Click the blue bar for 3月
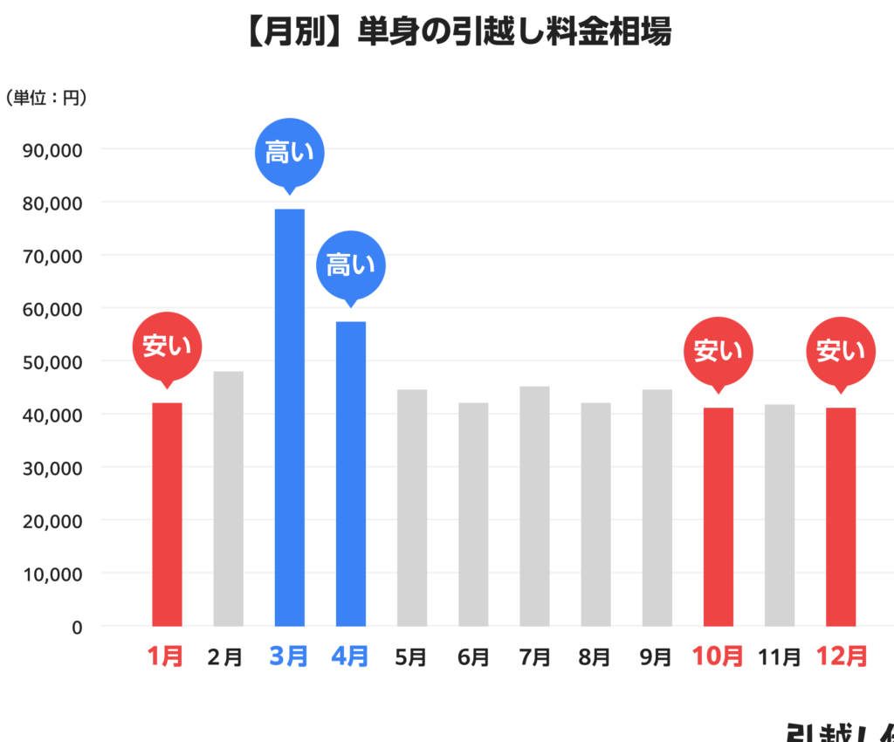point(290,417)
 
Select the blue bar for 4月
point(351,473)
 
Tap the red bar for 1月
point(167,514)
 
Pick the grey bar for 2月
point(229,498)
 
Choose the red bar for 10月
point(719,517)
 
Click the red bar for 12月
point(841,517)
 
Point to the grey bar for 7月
point(534,506)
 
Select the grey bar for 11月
point(780,515)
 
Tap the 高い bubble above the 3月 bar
point(289,153)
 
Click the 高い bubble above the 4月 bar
point(350,265)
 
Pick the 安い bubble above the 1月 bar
point(167,347)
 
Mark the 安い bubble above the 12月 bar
point(841,351)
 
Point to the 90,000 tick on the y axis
point(52,149)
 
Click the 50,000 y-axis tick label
point(52,361)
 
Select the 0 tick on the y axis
point(77,627)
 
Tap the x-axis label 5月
point(411,656)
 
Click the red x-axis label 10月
point(718,656)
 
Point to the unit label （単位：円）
point(46,98)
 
